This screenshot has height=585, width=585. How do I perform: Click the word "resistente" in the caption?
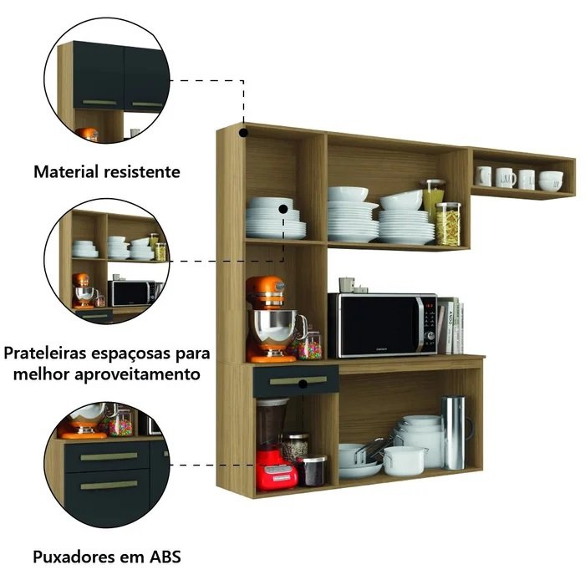(x=142, y=171)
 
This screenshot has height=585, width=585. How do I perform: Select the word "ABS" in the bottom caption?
(x=165, y=557)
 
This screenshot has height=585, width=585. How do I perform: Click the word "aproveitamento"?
(x=137, y=374)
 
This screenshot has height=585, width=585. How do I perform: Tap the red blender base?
(x=277, y=470)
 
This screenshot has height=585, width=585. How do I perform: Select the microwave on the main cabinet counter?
(x=383, y=325)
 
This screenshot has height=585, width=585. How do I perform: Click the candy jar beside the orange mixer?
(x=309, y=345)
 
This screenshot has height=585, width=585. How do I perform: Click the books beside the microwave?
(x=450, y=325)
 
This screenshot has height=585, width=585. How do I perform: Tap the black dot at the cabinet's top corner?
(x=244, y=132)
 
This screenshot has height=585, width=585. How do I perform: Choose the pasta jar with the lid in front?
(x=448, y=224)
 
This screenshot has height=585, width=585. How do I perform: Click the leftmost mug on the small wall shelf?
(x=483, y=176)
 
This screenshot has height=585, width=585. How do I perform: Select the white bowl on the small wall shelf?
(x=551, y=181)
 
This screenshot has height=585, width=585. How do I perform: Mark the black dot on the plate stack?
(x=283, y=209)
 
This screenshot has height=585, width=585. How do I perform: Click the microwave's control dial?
(x=430, y=335)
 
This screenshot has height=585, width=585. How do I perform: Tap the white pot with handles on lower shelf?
(x=404, y=460)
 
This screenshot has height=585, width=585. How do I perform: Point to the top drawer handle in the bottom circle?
(x=109, y=456)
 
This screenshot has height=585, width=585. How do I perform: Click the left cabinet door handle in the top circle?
(x=99, y=102)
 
